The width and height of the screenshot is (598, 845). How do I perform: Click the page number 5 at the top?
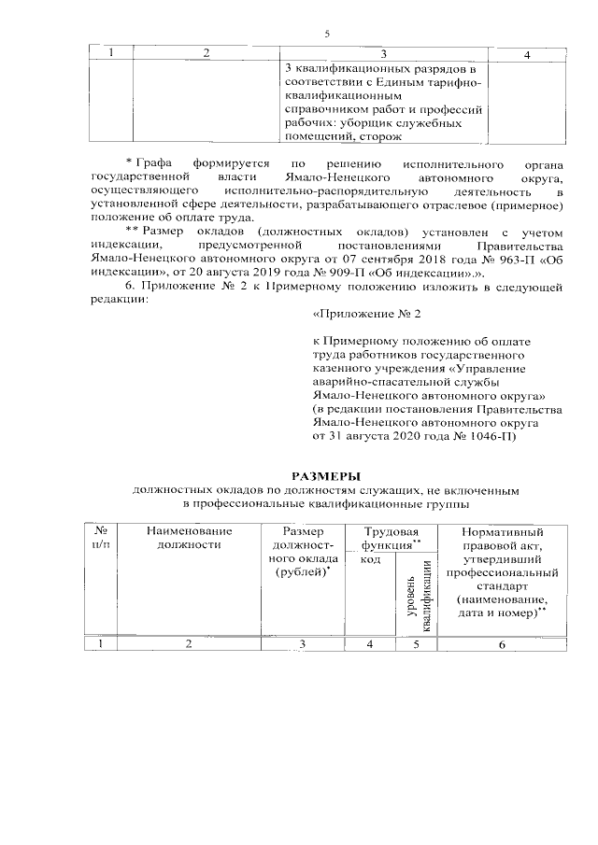[x=327, y=34]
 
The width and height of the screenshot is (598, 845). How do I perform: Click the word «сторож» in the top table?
[x=379, y=136]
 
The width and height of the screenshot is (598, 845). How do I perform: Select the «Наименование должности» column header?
[x=190, y=537]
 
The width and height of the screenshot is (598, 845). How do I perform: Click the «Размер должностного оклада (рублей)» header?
[x=303, y=551]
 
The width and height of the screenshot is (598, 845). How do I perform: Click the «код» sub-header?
[x=369, y=558]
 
